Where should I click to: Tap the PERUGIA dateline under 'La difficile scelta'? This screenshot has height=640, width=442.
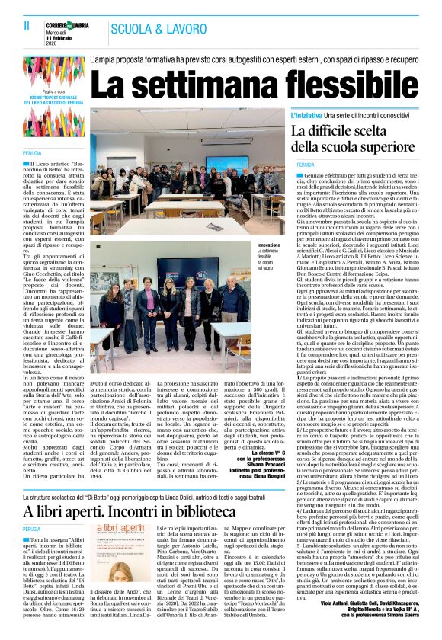click(x=306, y=164)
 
